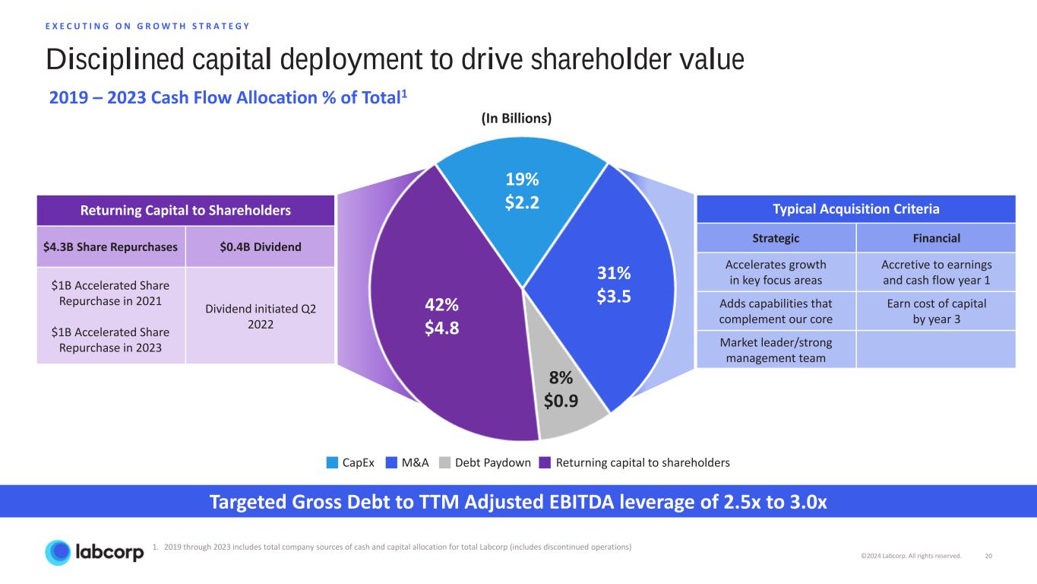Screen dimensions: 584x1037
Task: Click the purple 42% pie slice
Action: coord(441,319)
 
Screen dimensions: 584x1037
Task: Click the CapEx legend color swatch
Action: coord(332,462)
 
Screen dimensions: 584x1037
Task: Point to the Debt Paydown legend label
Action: coord(494,462)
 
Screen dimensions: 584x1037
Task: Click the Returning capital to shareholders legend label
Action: coord(642,462)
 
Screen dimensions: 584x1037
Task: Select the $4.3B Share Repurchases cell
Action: coord(111,246)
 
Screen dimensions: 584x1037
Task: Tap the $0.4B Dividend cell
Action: coord(261,246)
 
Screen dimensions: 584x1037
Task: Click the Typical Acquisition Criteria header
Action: coord(855,209)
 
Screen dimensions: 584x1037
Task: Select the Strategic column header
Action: coord(776,238)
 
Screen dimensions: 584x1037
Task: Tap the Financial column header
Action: coord(935,238)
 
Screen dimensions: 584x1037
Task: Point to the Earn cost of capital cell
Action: coord(935,311)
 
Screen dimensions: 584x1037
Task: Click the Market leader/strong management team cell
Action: coord(776,350)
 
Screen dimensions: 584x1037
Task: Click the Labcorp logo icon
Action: coord(59,552)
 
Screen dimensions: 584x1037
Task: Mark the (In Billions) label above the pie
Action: coord(516,118)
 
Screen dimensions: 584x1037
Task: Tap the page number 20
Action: coord(988,556)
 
